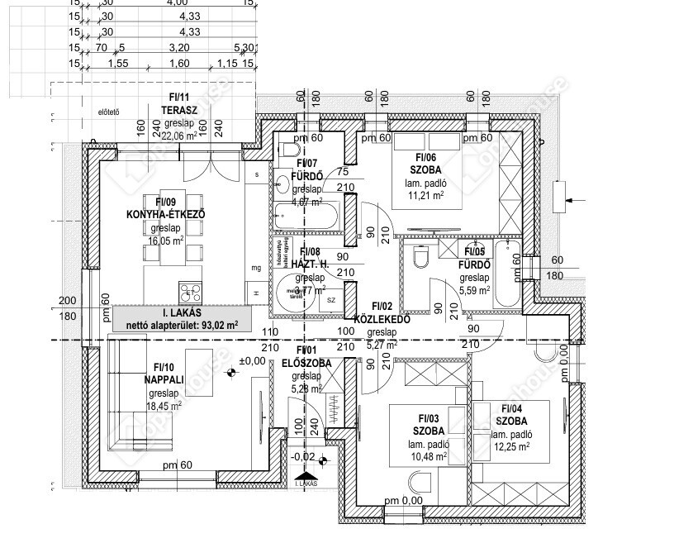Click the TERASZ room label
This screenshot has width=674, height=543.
pyautogui.click(x=178, y=109)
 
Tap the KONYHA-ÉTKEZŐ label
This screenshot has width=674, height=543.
pyautogui.click(x=165, y=214)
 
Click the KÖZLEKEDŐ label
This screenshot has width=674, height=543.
pyautogui.click(x=382, y=319)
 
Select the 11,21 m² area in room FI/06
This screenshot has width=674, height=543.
pyautogui.click(x=425, y=196)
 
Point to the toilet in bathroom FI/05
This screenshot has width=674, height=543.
pyautogui.click(x=417, y=260)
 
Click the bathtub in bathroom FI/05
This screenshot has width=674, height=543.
pyautogui.click(x=506, y=277)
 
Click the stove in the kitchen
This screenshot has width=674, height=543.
pyautogui.click(x=190, y=291)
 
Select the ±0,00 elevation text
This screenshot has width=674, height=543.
pyautogui.click(x=252, y=360)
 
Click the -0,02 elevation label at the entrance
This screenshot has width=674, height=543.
pyautogui.click(x=303, y=455)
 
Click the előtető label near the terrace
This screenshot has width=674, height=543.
pyautogui.click(x=109, y=112)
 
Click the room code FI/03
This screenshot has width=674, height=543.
pyautogui.click(x=430, y=418)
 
